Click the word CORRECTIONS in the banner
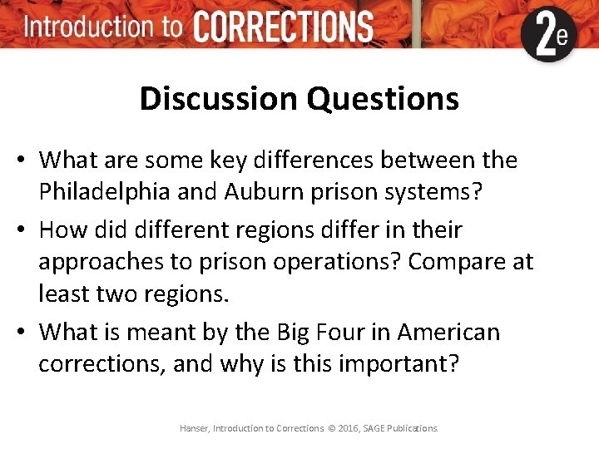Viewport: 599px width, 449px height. [x=283, y=27]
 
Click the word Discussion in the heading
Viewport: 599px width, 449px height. [x=220, y=99]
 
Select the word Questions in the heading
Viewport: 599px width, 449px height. [x=383, y=99]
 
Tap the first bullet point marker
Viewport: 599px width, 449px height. [x=24, y=160]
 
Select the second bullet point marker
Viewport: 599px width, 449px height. [x=24, y=229]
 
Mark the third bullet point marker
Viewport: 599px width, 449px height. [x=24, y=333]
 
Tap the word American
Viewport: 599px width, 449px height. [x=448, y=333]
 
